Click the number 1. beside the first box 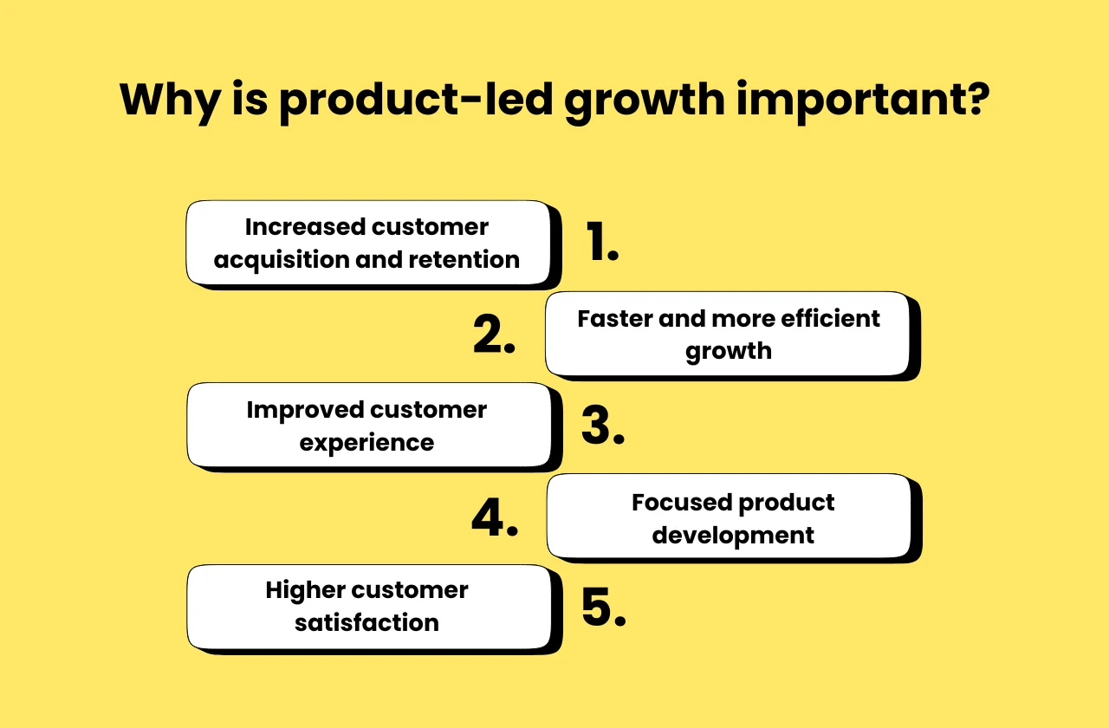pos(601,242)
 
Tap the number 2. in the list pos(494,335)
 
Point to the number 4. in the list pos(495,517)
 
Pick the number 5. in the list pos(603,608)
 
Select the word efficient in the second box pos(830,319)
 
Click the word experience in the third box pos(366,443)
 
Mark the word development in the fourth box pos(733,536)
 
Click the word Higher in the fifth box pos(304,591)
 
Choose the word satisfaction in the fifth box pos(366,623)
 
